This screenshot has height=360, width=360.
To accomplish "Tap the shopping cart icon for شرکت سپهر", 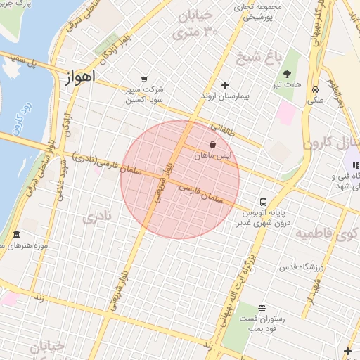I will [144, 79].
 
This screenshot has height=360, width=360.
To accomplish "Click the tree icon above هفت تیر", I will [287, 73].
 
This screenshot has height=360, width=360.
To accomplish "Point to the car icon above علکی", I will [316, 89].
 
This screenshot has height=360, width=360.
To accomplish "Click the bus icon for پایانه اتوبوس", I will [263, 200].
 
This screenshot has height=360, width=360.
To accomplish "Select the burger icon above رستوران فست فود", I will [262, 308].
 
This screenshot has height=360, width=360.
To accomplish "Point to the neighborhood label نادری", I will [96, 217].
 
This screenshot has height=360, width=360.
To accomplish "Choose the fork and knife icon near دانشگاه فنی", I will [354, 165].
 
